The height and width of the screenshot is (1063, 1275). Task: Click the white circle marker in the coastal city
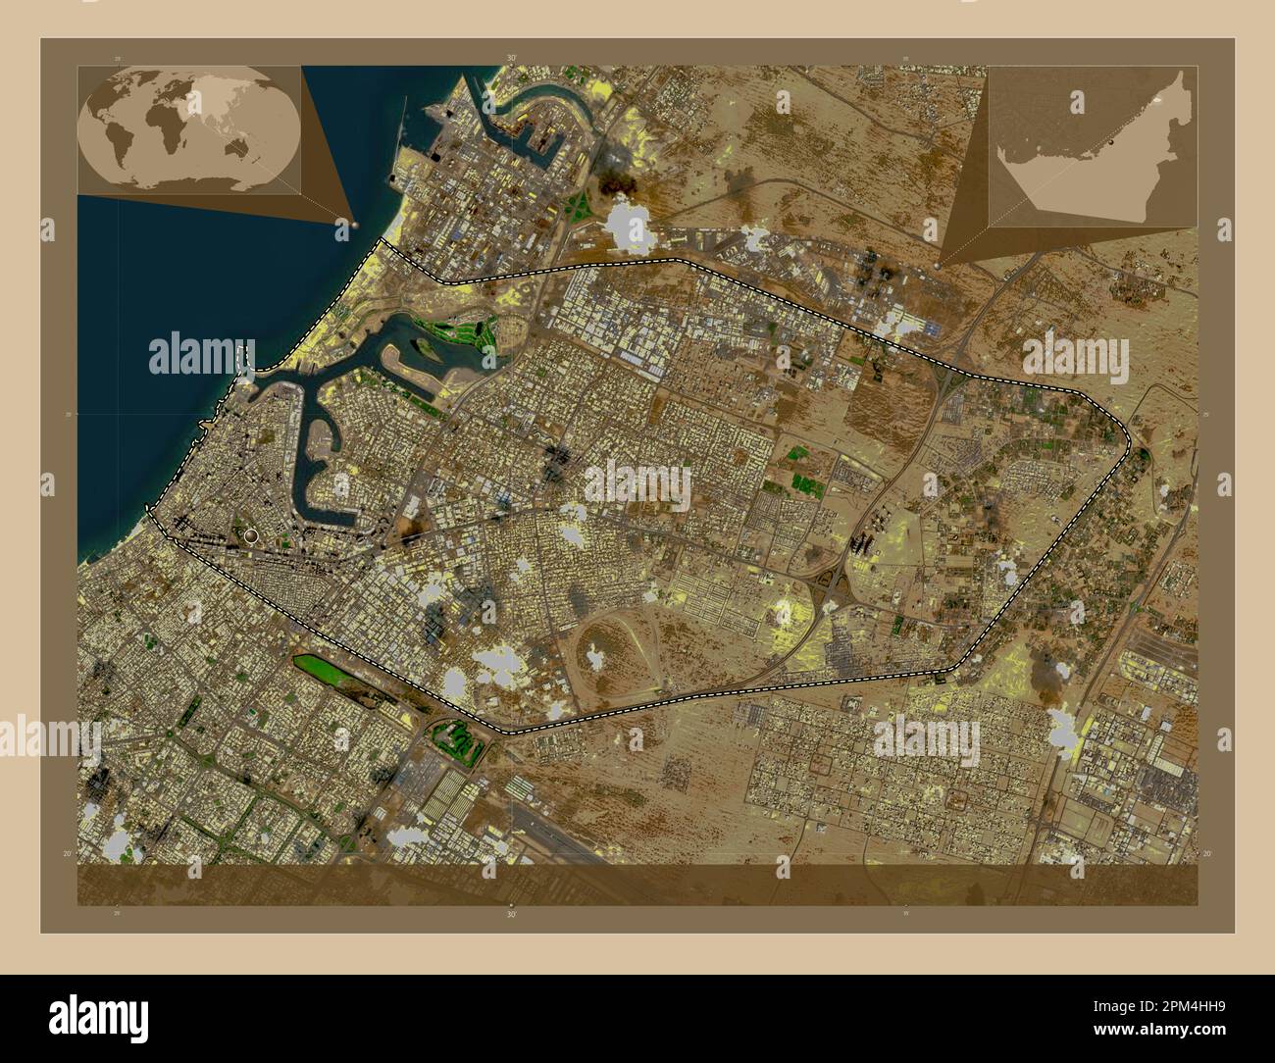[x=252, y=535]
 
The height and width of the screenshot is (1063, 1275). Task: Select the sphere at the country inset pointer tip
[x=939, y=265]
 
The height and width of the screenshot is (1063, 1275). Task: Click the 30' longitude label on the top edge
[x=511, y=58]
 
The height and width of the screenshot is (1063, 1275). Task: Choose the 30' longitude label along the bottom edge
[x=511, y=913]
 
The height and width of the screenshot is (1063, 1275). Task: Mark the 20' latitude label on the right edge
[x=1208, y=855]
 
